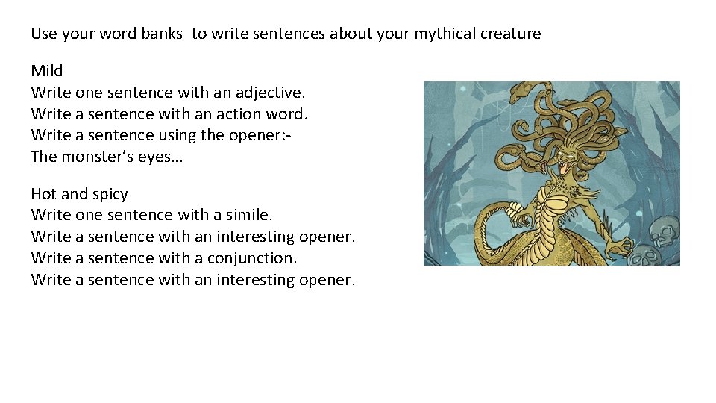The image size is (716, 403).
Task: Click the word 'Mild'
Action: click(47, 71)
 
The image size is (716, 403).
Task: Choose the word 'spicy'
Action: click(109, 194)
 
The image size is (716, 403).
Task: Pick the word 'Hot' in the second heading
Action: click(43, 194)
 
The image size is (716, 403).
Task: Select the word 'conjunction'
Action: click(251, 258)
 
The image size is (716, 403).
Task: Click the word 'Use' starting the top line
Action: click(43, 34)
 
